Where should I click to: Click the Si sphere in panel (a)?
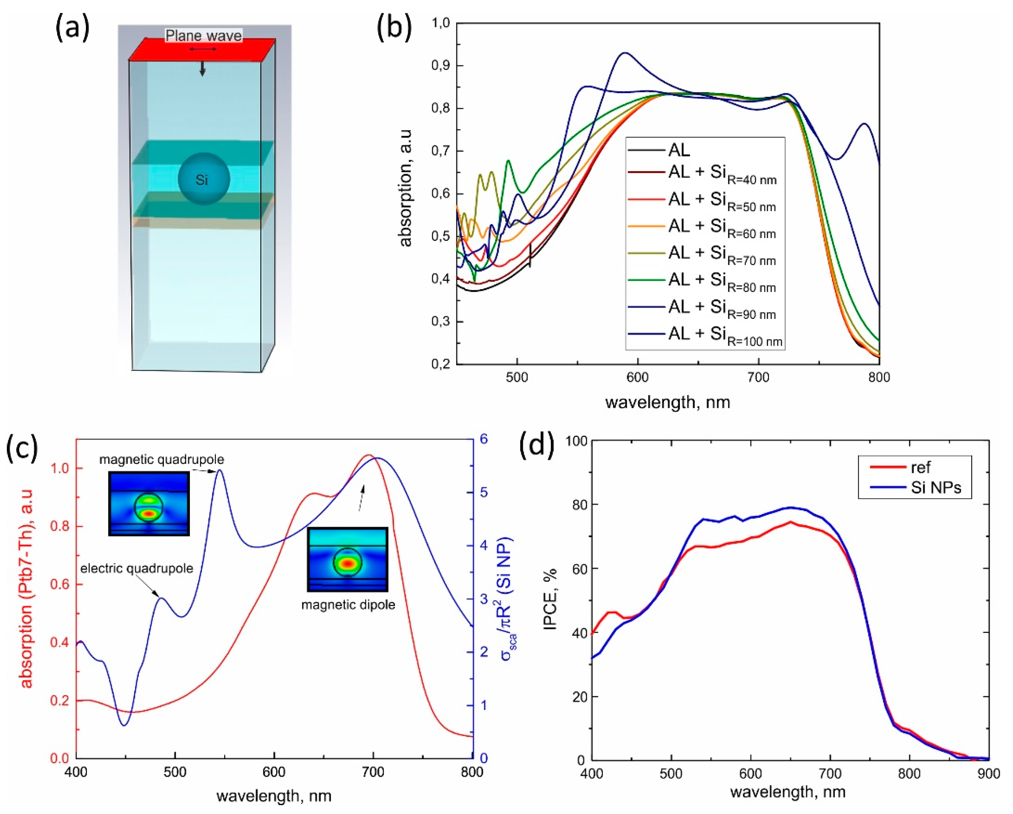coord(204,179)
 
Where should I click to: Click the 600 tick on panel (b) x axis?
coord(638,378)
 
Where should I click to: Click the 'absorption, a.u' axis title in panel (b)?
coord(405,188)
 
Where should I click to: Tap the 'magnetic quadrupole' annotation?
coord(161,459)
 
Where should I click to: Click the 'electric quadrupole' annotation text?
coord(137,569)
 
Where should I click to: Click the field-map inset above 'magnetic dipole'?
coord(348,559)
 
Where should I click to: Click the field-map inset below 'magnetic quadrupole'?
coord(149,504)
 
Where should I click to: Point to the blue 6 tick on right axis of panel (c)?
coord(483,439)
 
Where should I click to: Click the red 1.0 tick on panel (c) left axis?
coord(59,468)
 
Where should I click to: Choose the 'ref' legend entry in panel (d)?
coord(920,467)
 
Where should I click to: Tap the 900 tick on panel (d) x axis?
coord(989,774)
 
